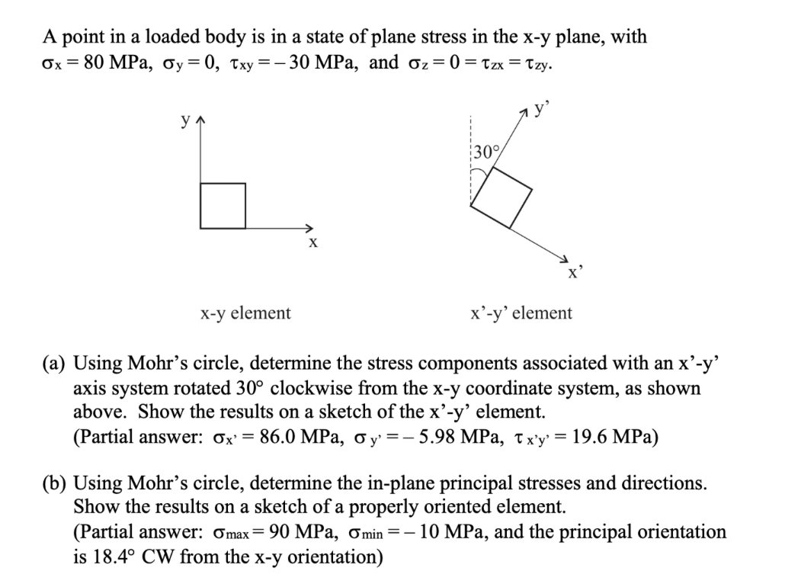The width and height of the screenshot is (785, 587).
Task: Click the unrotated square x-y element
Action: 223,205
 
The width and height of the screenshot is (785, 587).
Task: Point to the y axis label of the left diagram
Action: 184,120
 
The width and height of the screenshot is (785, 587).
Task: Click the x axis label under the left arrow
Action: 312,244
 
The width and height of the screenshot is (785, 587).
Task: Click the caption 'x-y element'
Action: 245,313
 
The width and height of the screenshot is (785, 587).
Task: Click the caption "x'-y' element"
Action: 522,313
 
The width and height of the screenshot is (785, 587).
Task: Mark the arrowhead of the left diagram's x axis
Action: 309,227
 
